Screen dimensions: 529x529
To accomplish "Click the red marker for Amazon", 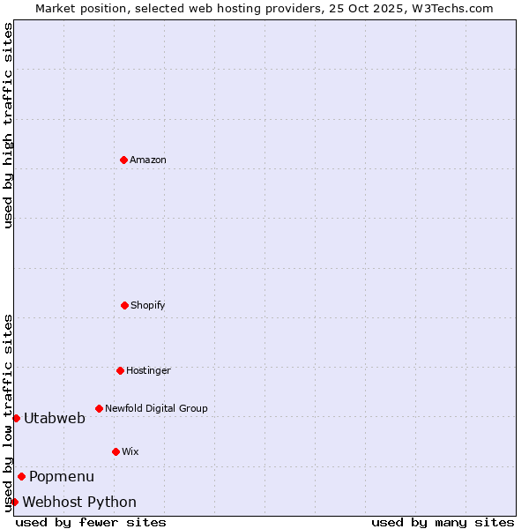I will (123, 160).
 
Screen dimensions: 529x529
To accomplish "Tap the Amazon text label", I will (148, 160).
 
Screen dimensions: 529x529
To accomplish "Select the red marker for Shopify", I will (124, 305).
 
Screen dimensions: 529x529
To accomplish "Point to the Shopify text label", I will (148, 305).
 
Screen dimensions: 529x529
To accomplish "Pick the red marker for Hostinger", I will (120, 370).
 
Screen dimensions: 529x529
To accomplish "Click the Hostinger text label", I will (148, 370).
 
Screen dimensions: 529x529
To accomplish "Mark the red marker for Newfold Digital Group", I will (99, 408).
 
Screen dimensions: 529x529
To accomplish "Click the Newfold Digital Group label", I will (156, 408).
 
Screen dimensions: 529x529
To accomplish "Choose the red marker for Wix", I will (115, 451).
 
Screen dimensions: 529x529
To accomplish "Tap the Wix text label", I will (130, 451).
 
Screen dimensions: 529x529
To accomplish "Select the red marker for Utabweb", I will (16, 418).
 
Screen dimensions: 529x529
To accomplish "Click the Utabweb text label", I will (55, 418).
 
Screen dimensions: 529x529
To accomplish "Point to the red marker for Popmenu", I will (21, 476).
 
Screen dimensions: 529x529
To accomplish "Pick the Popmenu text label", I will (62, 476).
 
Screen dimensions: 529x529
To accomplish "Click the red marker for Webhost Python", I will (14, 502).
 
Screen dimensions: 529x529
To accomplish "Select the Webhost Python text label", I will (79, 502).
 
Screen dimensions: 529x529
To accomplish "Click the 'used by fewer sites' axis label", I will (91, 522).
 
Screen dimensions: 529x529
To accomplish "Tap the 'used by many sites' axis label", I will (443, 522).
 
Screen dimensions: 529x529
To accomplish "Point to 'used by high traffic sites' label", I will (8, 125).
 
